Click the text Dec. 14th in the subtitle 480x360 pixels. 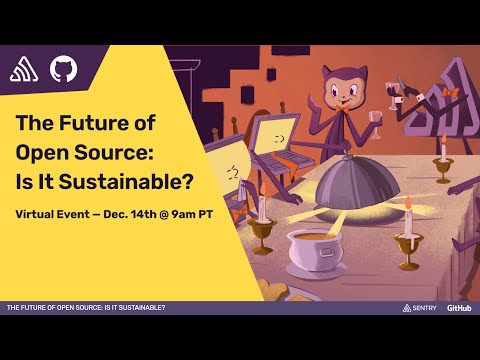pos(130,215)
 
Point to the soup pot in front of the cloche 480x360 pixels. pos(315,250)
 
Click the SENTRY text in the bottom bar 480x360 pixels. pos(424,307)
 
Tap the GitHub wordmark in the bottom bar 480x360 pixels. pos(460,307)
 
